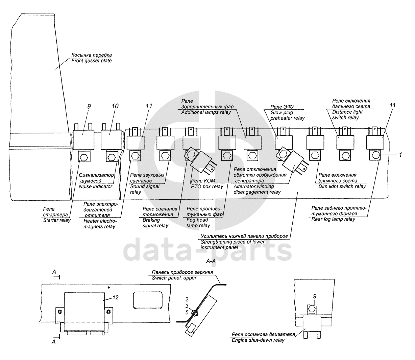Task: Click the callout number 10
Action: pos(115,106)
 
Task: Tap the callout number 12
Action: pos(116,297)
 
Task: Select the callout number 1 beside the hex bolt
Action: pos(400,155)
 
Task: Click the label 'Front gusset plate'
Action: pos(91,61)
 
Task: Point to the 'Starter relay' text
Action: pos(57,220)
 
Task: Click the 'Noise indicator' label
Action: pos(95,186)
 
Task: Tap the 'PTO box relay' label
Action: pos(207,186)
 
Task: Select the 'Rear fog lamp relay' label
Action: pos(333,219)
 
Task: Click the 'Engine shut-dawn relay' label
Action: pos(258,340)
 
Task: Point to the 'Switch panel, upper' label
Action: pos(174,278)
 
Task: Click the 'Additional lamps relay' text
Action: pos(206,112)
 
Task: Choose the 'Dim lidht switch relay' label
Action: pos(342,186)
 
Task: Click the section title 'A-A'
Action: pos(211,261)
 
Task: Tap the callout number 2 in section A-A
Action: pos(187,299)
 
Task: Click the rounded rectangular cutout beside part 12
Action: pos(148,300)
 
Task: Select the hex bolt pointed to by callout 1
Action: pos(375,155)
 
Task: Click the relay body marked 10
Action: pos(112,139)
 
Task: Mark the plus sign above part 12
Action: pos(109,288)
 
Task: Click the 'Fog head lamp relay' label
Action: pos(198,223)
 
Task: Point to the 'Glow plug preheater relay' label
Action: pos(287,115)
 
